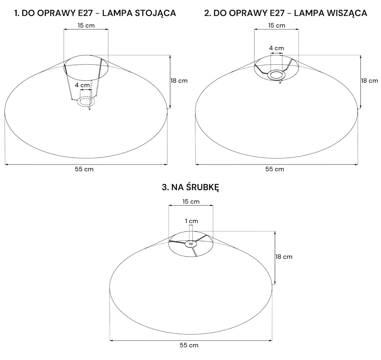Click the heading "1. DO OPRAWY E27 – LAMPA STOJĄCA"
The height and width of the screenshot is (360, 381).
(95, 13)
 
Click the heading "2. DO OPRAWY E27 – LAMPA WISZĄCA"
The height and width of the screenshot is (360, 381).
(285, 13)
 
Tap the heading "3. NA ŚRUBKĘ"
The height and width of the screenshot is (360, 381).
(190, 187)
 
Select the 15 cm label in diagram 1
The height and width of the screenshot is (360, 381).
(86, 26)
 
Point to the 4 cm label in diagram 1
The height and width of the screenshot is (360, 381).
(82, 85)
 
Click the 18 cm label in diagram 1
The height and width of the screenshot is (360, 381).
(179, 81)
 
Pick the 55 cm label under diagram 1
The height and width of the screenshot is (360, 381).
(84, 169)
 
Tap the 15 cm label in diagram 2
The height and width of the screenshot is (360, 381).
(277, 26)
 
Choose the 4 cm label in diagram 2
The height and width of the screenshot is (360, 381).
(277, 48)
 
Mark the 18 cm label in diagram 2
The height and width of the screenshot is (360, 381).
(370, 81)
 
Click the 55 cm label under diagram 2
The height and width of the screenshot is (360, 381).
(275, 169)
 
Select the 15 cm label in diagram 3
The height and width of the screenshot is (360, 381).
(191, 202)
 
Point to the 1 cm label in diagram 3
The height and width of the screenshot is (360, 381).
(192, 221)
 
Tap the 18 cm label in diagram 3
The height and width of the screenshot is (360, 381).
(284, 257)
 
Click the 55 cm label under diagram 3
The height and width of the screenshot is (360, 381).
(189, 345)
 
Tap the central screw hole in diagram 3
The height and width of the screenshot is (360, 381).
(191, 243)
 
